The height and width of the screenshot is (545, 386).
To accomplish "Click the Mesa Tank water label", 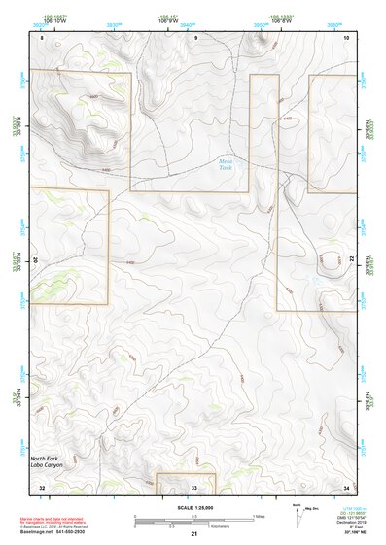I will click(227, 165).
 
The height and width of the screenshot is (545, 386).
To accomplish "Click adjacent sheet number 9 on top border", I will click(195, 37).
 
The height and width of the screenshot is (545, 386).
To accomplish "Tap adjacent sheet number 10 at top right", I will click(347, 37).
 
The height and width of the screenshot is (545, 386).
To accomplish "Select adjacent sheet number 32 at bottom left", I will click(42, 487).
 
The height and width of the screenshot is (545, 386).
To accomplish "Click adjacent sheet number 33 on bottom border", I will click(194, 487).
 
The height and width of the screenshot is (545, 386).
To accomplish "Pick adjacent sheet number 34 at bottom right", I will click(347, 487).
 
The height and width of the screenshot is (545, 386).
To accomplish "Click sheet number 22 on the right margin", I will click(353, 258).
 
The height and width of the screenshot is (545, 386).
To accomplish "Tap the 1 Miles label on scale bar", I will click(257, 515).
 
